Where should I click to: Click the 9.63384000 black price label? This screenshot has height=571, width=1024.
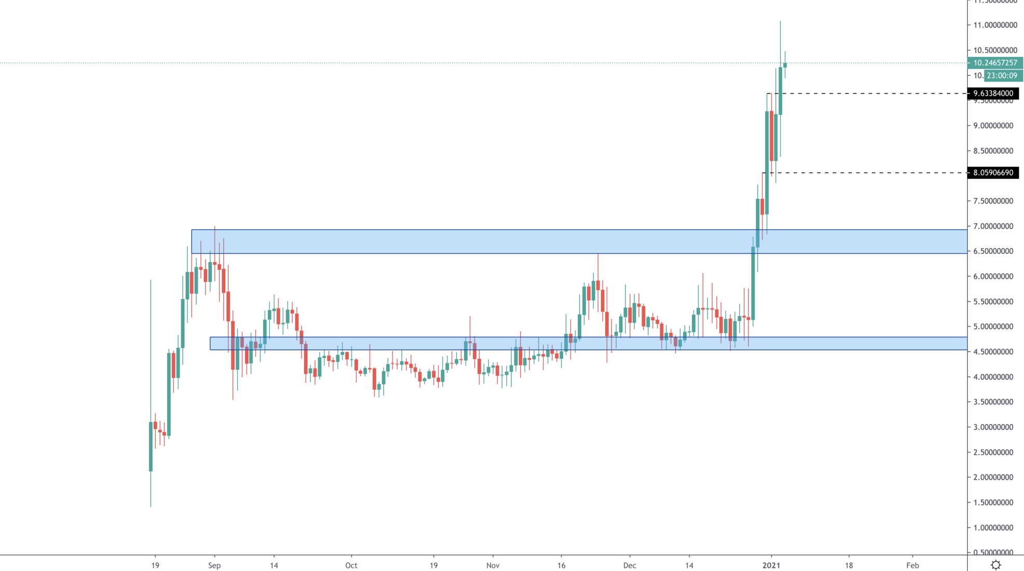992,93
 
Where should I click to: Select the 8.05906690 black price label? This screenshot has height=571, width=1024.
992,173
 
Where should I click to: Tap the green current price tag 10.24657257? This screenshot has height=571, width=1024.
994,63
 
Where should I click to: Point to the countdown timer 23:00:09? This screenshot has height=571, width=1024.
1002,76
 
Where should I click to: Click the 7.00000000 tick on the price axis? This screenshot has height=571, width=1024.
993,226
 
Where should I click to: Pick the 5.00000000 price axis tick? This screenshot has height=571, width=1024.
993,327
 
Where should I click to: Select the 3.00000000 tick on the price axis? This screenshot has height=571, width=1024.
993,427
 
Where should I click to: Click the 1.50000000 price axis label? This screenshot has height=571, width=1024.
993,502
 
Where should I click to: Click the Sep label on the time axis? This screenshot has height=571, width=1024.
214,565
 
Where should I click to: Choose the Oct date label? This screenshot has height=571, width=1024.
351,565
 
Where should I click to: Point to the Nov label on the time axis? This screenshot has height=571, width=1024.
493,565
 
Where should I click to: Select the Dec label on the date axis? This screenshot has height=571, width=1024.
630,565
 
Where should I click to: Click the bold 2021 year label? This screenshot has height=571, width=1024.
771,565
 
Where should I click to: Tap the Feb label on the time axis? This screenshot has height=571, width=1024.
912,565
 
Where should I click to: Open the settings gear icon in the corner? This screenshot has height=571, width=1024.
995,565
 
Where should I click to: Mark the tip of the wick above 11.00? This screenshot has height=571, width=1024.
780,21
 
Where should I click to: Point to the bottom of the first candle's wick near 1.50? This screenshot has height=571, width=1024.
151,507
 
